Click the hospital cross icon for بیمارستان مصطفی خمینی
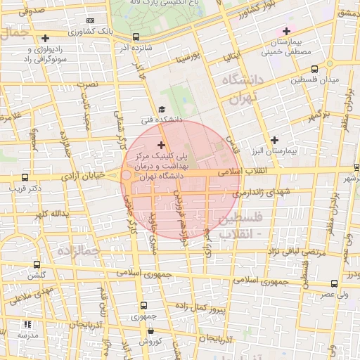point(285,31)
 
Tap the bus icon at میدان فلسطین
point(314,70)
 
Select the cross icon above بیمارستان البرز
point(274,139)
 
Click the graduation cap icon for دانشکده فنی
point(162,110)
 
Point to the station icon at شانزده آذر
point(136,37)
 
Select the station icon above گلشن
point(37,265)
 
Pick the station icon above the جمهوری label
point(143,305)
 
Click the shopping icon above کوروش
point(154,330)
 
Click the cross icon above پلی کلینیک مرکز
point(161,144)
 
